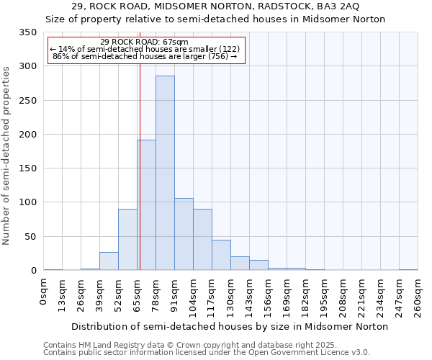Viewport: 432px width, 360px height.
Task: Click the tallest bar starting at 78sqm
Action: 165,173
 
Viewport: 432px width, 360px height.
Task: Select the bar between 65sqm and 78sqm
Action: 146,205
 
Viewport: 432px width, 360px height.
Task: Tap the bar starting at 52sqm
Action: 127,240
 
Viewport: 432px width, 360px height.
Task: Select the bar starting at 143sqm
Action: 258,265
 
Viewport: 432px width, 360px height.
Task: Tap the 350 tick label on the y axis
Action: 27,33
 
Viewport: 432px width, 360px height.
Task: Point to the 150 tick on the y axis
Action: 27,169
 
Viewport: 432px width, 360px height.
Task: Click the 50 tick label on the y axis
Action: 30,237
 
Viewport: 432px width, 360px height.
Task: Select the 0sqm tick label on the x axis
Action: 44,293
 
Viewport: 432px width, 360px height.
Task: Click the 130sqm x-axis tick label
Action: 231,297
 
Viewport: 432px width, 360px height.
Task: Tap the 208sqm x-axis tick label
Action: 343,297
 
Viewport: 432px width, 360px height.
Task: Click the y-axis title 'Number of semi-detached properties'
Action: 6,155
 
